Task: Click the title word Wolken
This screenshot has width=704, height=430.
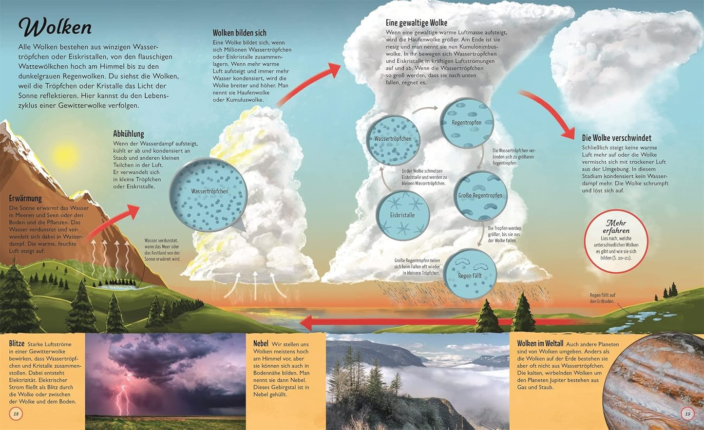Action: [x=55, y=28]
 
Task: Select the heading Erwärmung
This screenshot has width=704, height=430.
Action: [x=25, y=198]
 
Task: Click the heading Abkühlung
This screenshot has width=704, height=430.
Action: [x=129, y=133]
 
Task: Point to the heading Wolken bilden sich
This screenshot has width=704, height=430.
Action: [x=239, y=33]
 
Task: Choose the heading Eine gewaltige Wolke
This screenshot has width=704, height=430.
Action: [x=417, y=22]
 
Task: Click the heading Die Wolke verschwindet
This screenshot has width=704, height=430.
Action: [x=616, y=138]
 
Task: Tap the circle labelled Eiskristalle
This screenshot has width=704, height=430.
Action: [x=402, y=215]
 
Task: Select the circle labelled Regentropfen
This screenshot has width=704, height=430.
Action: [x=467, y=123]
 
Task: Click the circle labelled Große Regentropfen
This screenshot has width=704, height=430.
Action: [x=480, y=196]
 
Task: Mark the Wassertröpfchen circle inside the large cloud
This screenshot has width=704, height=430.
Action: [x=393, y=140]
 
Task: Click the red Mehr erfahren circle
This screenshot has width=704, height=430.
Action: [x=616, y=241]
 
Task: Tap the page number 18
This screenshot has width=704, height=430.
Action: [x=16, y=414]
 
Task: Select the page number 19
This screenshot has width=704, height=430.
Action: [x=687, y=414]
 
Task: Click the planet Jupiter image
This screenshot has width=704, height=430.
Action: [x=658, y=380]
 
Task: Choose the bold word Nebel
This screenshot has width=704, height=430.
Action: [x=261, y=344]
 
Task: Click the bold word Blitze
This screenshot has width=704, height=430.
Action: [x=17, y=344]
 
